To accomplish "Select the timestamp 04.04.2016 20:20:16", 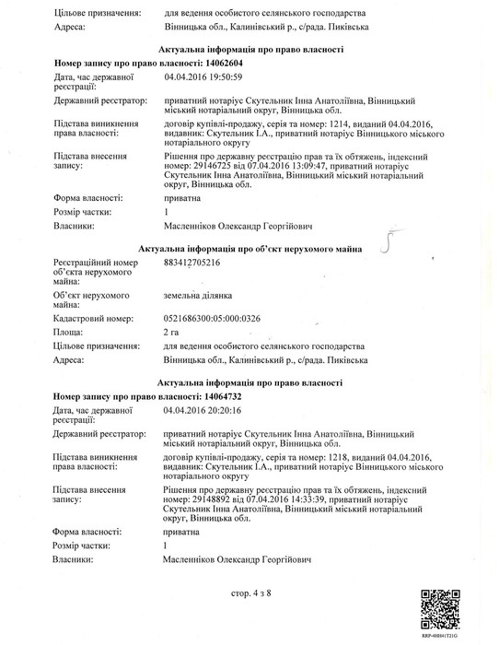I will (x=203, y=408).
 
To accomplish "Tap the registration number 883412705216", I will (x=192, y=263).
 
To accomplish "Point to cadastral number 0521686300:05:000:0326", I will (x=211, y=316).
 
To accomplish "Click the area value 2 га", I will (x=170, y=330).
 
